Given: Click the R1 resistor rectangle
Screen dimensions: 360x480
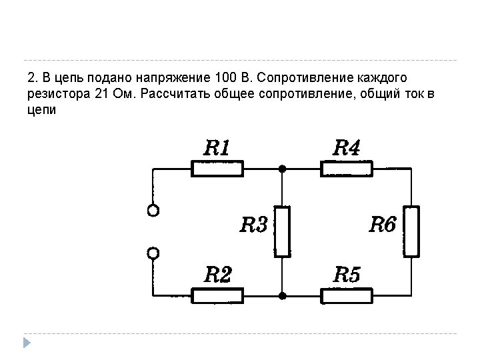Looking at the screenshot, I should (x=217, y=169).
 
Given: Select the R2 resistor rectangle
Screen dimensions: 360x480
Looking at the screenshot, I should (x=217, y=295).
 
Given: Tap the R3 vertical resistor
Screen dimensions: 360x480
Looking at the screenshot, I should (x=283, y=231).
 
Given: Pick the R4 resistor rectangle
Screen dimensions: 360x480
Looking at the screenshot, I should (x=347, y=169).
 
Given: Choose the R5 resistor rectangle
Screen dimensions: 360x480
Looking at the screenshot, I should (x=347, y=295).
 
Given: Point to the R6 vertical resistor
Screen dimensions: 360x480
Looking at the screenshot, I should (x=412, y=231).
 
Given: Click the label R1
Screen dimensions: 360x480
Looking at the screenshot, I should (x=217, y=147).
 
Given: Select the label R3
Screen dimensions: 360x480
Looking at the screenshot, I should (x=253, y=225).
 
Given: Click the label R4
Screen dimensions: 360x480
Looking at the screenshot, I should (x=347, y=147).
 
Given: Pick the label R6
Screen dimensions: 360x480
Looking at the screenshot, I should (x=383, y=225).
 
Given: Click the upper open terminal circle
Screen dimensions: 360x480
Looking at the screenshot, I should (x=153, y=211).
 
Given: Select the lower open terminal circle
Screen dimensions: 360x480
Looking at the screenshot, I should (x=153, y=253).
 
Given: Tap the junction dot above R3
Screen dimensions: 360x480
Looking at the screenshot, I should (x=283, y=169).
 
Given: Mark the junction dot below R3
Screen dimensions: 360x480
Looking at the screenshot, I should (x=283, y=295).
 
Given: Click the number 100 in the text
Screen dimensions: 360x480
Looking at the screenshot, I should (x=225, y=75).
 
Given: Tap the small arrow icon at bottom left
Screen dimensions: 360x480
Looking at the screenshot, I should (x=26, y=342).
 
